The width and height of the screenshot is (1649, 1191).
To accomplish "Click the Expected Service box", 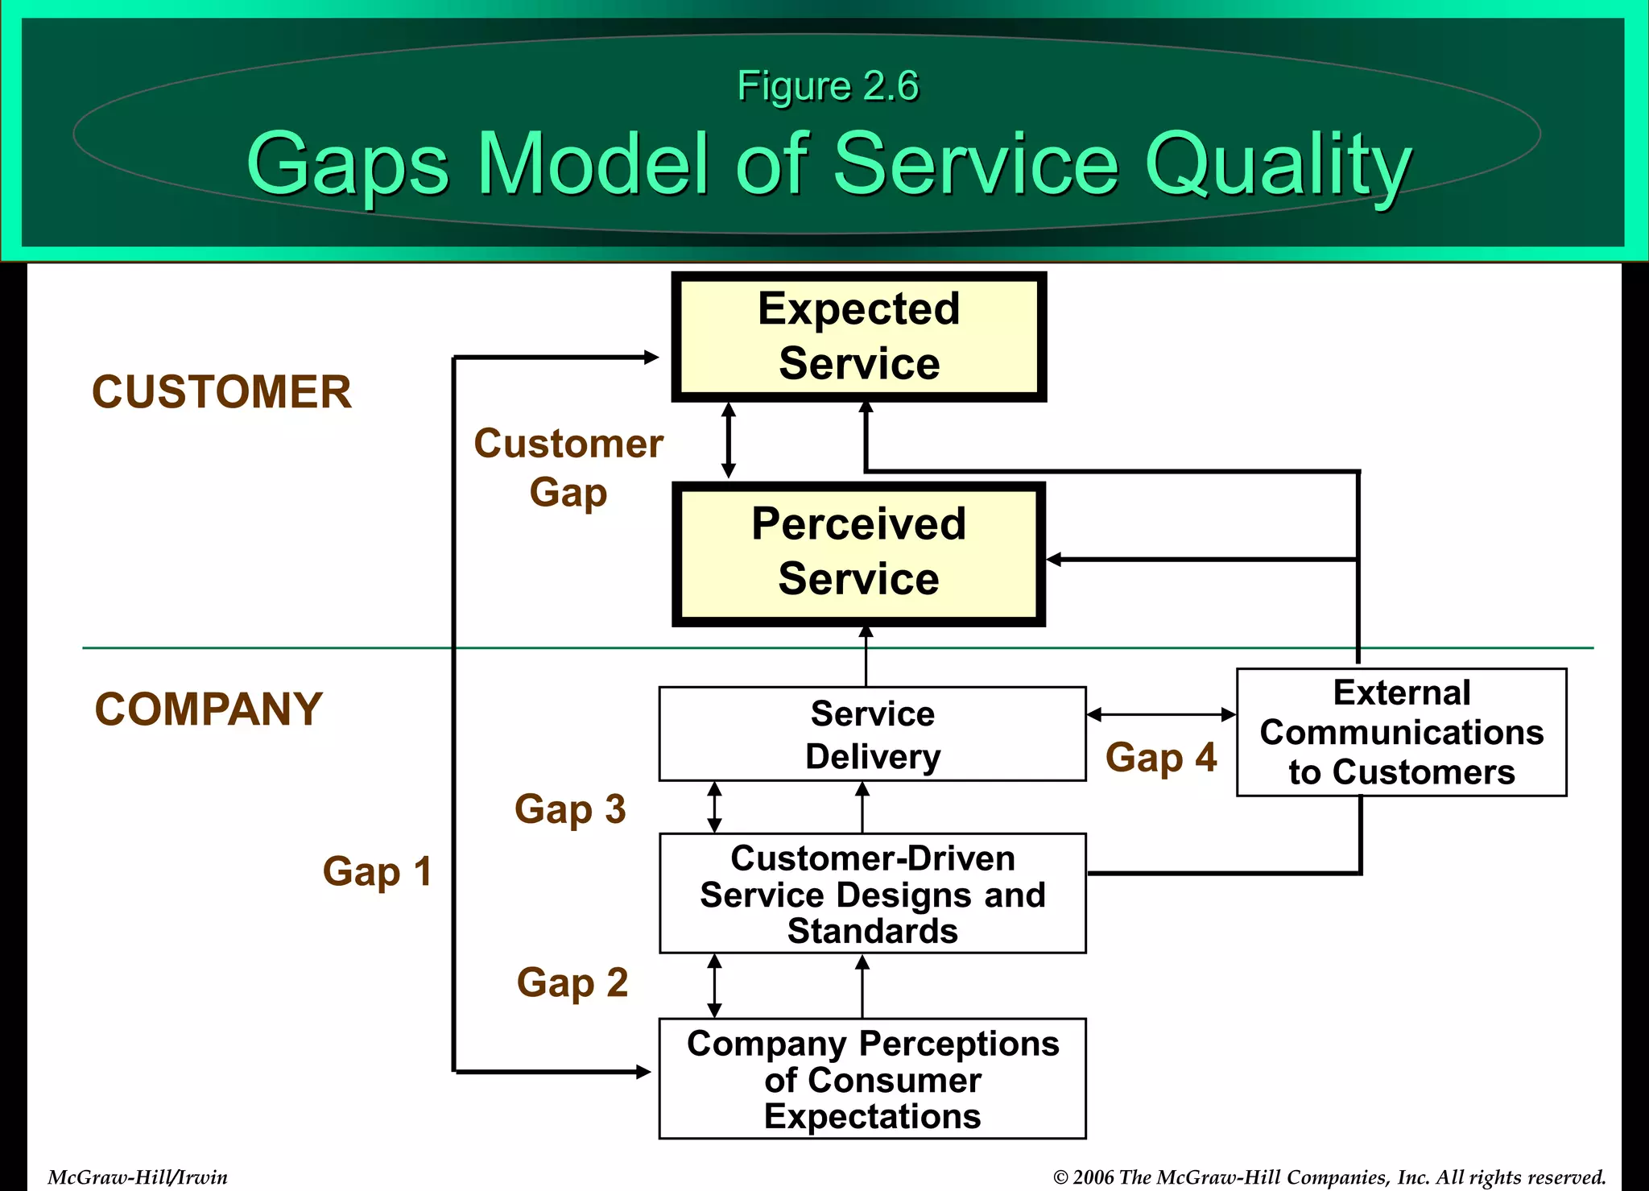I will (x=858, y=337).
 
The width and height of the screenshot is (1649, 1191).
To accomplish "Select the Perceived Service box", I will (x=858, y=553).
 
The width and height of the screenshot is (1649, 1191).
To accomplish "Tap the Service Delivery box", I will (x=872, y=734).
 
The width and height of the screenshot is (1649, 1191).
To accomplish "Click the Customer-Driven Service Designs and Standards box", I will (x=872, y=893).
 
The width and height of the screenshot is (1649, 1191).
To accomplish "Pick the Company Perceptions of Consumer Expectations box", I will (x=872, y=1078).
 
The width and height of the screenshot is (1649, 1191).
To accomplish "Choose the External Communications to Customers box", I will (x=1401, y=732).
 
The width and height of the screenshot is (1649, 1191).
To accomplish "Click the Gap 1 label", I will (x=377, y=872).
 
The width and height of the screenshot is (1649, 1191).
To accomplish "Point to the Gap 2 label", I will (x=572, y=983).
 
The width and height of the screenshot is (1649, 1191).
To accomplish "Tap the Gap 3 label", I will (x=570, y=809).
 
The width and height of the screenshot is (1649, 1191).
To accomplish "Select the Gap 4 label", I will (x=1160, y=758).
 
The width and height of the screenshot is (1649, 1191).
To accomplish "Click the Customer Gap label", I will (x=568, y=467).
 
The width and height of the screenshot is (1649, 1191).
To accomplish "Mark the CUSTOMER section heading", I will (x=221, y=392).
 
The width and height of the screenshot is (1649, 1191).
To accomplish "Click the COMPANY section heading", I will (x=209, y=709).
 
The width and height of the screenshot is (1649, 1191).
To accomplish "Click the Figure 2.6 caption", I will (x=827, y=86).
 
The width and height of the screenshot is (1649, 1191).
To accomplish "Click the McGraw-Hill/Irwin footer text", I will (x=138, y=1177).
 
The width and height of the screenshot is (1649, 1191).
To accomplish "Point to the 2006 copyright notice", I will (x=1329, y=1177).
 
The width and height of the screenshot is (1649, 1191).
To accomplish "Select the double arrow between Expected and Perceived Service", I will (x=729, y=440).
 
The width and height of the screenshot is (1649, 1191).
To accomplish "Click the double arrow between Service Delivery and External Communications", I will (x=1160, y=714).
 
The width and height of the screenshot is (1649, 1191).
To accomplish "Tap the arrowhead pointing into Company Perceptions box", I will (x=643, y=1072).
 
